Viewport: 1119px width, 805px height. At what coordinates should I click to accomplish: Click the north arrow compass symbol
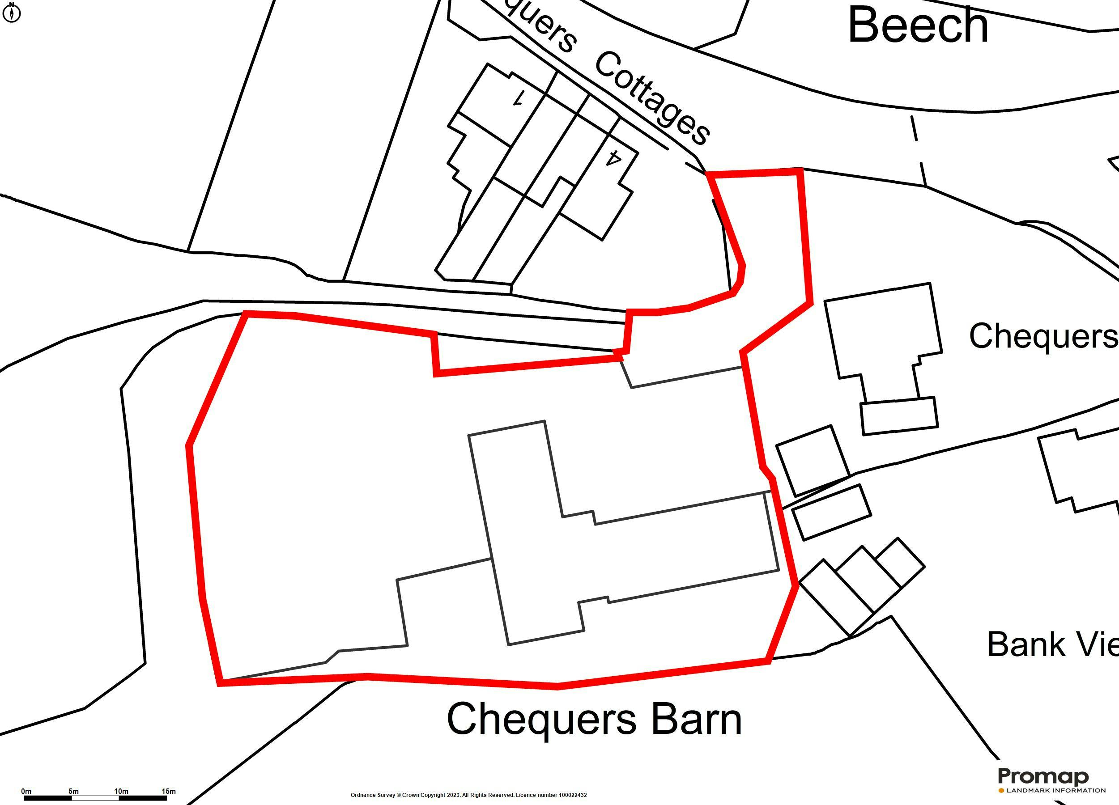click(x=12, y=13)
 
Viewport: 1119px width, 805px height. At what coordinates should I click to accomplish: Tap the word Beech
click(x=918, y=25)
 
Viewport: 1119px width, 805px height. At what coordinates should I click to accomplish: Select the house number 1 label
click(x=518, y=99)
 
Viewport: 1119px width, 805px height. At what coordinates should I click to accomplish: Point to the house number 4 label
click(x=613, y=158)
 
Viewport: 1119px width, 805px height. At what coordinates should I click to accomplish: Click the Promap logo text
click(x=1043, y=777)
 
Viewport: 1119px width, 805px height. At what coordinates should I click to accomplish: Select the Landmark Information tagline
click(x=1055, y=791)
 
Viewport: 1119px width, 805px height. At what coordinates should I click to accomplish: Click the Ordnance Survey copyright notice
click(x=432, y=795)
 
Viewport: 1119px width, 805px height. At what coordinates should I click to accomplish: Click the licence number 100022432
click(x=572, y=795)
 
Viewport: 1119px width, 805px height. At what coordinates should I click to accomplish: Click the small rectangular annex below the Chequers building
click(x=899, y=416)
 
